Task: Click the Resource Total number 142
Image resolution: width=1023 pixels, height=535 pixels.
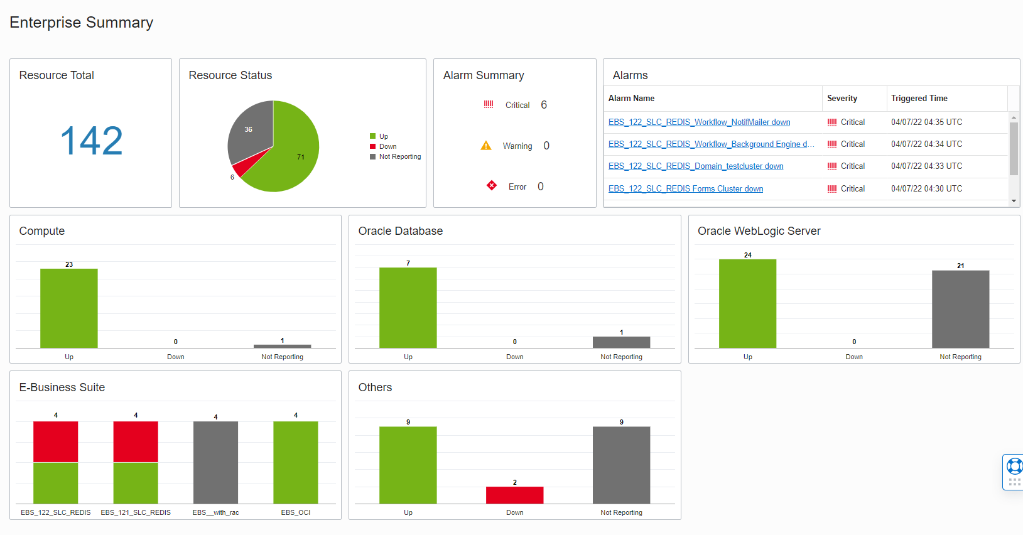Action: click(91, 141)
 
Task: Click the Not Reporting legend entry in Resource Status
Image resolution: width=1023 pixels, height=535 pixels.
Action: click(399, 157)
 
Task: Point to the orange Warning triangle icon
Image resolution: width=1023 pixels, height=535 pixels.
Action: click(486, 146)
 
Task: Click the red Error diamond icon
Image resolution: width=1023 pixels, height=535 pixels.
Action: click(492, 185)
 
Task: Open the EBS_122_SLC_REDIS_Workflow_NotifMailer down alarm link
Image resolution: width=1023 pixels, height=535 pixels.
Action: click(699, 122)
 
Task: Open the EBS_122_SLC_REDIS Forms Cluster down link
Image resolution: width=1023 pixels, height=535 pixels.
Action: click(686, 189)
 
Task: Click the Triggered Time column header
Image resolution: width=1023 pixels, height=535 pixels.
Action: click(919, 99)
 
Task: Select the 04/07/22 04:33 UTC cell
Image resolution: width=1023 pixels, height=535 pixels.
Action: click(926, 166)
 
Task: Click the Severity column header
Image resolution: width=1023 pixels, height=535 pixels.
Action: click(842, 99)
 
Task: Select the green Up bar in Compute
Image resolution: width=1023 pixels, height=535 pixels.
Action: click(69, 308)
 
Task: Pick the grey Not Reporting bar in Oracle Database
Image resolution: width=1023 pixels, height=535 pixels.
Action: click(621, 342)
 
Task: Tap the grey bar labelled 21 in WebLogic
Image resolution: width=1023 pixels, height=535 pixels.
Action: click(960, 309)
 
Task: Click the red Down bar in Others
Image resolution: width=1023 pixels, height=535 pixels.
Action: click(514, 495)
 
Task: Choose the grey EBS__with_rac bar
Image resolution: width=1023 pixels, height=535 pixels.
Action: click(215, 462)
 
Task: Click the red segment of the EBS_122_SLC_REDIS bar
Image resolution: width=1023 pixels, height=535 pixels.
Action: click(56, 442)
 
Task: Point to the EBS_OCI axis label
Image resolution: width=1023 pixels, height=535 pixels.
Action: click(296, 513)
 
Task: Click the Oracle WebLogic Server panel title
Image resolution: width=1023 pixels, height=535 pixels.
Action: click(759, 231)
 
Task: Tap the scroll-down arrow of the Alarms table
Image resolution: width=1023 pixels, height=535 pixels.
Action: click(1014, 201)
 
